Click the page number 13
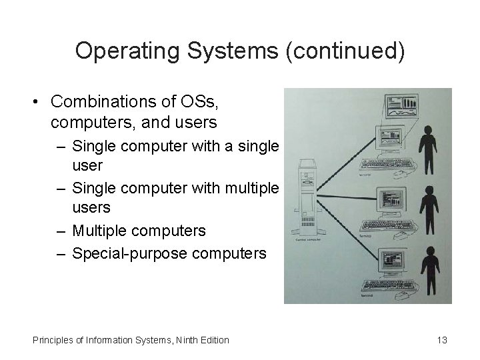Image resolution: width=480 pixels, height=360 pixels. tap(441, 340)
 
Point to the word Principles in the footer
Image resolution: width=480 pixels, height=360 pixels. tap(54, 340)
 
